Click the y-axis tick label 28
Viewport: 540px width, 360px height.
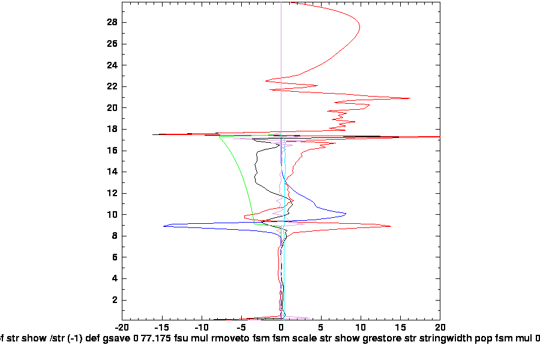(112, 23)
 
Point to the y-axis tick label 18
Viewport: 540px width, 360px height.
(112, 129)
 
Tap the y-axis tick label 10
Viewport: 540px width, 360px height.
(112, 215)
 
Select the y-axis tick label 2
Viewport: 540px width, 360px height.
(114, 300)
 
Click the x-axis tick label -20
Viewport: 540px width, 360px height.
(122, 328)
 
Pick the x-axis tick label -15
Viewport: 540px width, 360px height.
(161, 328)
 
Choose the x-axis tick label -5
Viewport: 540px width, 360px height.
(241, 328)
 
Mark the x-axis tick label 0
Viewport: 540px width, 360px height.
(281, 328)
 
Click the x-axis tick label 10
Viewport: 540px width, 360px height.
(360, 328)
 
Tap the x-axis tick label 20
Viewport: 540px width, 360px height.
(440, 328)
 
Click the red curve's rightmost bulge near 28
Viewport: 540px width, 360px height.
(359, 27)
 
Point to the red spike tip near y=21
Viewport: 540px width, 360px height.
(410, 98)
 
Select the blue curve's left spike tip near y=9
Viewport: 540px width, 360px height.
(164, 226)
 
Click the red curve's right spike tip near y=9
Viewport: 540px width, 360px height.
(391, 226)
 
